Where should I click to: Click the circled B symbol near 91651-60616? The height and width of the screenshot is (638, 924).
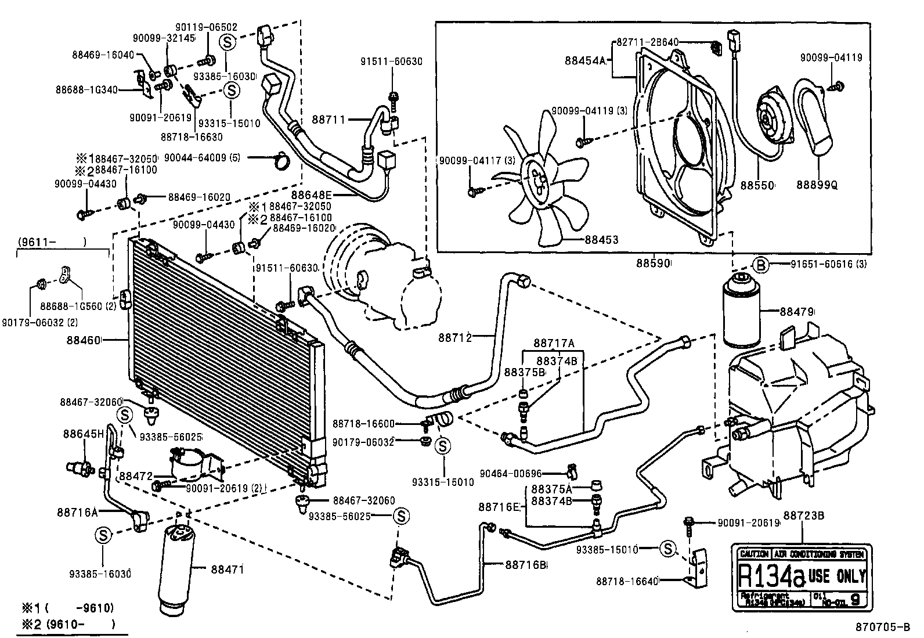coord(761,265)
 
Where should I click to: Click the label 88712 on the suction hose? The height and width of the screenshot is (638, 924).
coord(454,337)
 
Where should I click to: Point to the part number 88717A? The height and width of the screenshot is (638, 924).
coord(554,343)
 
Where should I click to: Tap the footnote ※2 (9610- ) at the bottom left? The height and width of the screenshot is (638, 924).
coord(68,625)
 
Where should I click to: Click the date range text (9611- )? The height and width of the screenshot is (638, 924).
coord(51,241)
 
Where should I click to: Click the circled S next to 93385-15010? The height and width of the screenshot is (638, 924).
coord(667,548)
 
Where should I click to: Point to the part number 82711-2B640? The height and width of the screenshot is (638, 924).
coord(647,42)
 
